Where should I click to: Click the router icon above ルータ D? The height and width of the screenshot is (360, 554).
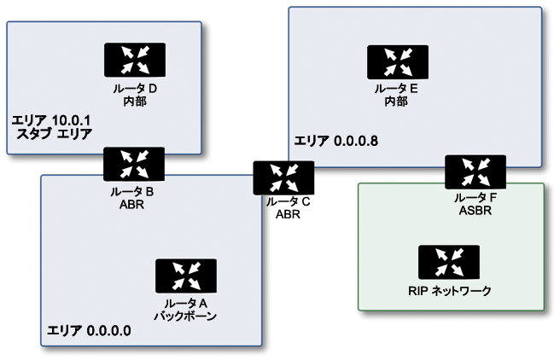point(135,60)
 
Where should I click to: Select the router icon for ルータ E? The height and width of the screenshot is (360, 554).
point(398,62)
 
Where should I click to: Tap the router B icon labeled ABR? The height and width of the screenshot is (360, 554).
point(134,165)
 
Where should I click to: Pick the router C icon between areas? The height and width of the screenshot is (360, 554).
point(283,178)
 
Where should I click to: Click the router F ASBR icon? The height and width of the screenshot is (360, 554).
point(475,171)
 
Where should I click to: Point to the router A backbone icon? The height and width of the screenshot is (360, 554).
point(186,276)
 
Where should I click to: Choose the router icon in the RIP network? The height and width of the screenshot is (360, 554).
point(449,262)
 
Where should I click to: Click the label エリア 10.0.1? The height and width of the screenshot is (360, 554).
point(51,120)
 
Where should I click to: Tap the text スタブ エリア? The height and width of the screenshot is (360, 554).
point(55,134)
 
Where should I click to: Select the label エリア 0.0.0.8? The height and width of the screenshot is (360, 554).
point(336,141)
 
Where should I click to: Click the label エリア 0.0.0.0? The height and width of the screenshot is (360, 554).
point(89,331)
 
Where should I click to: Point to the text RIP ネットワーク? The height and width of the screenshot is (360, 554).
point(450,291)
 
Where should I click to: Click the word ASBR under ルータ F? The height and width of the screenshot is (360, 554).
point(475,211)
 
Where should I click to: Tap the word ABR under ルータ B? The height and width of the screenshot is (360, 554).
point(131,205)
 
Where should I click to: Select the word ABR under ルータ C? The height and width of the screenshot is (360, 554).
point(288,214)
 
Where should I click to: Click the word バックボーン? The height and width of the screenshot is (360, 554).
point(185,316)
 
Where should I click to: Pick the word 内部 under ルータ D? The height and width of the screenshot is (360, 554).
point(135,102)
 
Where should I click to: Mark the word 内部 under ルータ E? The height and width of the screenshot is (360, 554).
point(396,102)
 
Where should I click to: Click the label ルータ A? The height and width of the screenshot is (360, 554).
point(186,304)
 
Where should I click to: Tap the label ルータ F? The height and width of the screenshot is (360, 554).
point(475,198)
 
